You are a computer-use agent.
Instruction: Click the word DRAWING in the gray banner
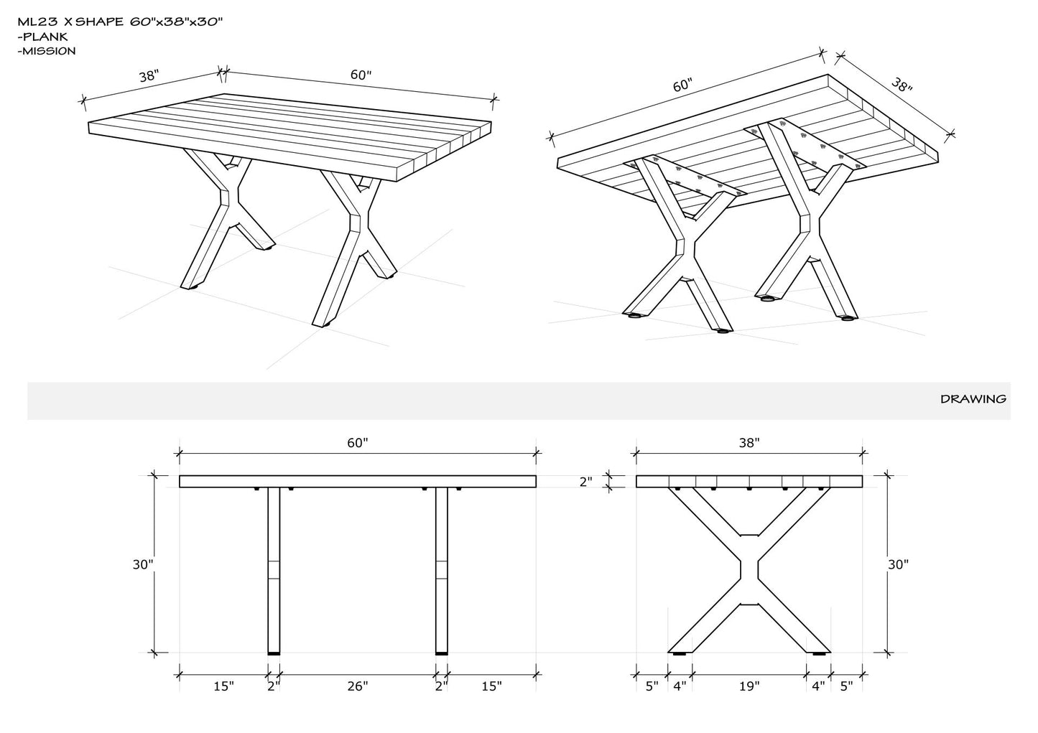coord(973,399)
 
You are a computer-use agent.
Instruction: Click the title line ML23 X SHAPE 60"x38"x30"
coord(121,22)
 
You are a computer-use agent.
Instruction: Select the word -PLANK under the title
coord(42,37)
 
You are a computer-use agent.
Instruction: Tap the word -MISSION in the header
coord(47,51)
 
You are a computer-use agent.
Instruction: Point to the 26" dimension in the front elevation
coord(358,686)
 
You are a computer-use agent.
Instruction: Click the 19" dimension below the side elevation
coord(749,686)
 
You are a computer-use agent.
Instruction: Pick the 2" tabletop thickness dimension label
coord(585,482)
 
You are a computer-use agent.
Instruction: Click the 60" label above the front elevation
coord(358,443)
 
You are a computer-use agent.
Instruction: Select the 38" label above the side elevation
coord(749,443)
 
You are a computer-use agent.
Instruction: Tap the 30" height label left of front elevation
coord(143,565)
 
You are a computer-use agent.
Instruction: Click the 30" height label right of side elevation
coord(898,565)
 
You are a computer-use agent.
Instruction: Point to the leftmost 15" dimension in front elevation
coord(224,686)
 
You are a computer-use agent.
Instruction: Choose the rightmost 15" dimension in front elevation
coord(491,686)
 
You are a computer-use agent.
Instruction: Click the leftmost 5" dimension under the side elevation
coord(652,686)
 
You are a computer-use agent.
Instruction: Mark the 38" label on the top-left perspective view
coord(149,75)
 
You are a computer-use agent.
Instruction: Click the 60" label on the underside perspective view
coord(682,85)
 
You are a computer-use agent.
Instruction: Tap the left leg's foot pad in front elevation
coord(274,653)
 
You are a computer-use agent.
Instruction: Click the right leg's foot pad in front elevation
coord(442,653)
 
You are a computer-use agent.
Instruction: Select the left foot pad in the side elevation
coord(680,653)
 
